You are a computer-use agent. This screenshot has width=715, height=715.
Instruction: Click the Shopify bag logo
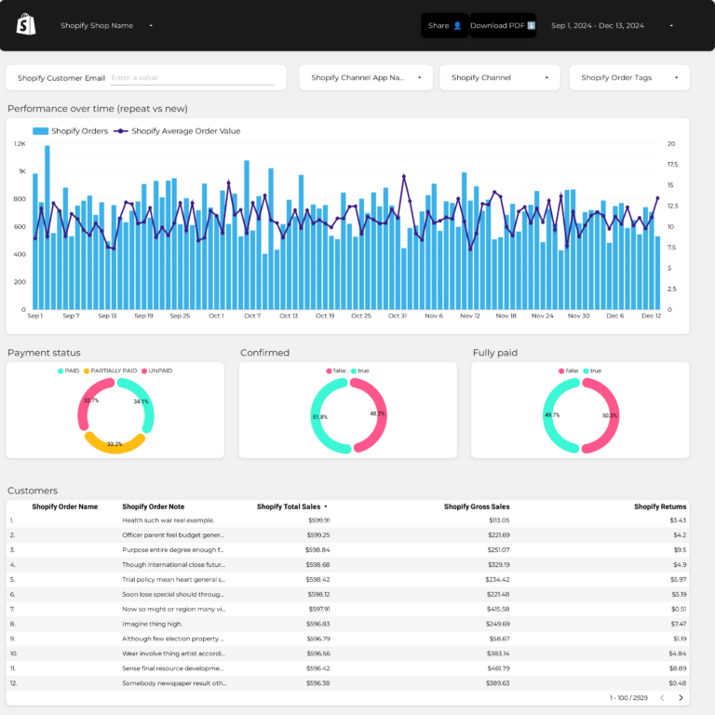(26, 25)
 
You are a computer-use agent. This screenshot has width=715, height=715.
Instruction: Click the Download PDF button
(503, 26)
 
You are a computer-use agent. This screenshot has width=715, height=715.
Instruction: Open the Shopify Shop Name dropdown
(107, 26)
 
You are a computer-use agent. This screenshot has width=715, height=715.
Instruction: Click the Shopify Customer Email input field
(191, 79)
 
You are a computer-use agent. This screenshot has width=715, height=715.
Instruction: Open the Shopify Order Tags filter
(629, 78)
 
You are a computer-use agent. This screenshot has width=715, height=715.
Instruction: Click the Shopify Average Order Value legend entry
(185, 131)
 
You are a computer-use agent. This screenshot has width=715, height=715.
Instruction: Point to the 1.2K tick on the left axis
(20, 144)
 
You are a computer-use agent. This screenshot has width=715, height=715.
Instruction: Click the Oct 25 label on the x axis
(360, 317)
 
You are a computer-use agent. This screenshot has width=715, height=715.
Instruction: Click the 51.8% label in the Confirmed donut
(320, 417)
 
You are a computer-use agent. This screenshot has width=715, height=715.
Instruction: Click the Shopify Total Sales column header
(291, 507)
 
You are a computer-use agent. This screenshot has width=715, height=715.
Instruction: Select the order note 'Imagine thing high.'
(154, 624)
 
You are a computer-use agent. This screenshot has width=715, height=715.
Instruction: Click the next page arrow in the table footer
(681, 697)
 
